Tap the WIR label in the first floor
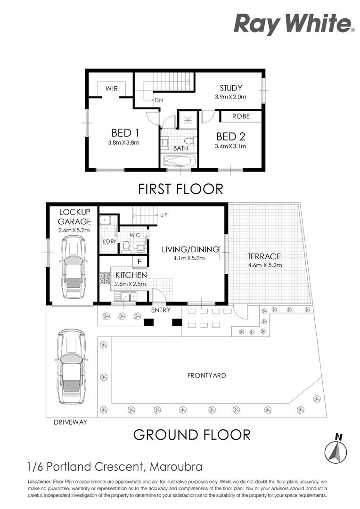pos(111,88)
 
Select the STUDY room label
pos(231,88)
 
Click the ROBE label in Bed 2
pos(240,116)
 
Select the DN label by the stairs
pos(159,100)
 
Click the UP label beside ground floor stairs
pos(164,215)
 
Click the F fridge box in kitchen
pos(140,262)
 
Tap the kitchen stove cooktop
pos(104,279)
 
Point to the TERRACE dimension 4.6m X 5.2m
pos(264,265)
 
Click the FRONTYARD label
pos(206,376)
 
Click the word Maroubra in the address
pos(176,467)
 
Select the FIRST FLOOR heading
pos(180,189)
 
